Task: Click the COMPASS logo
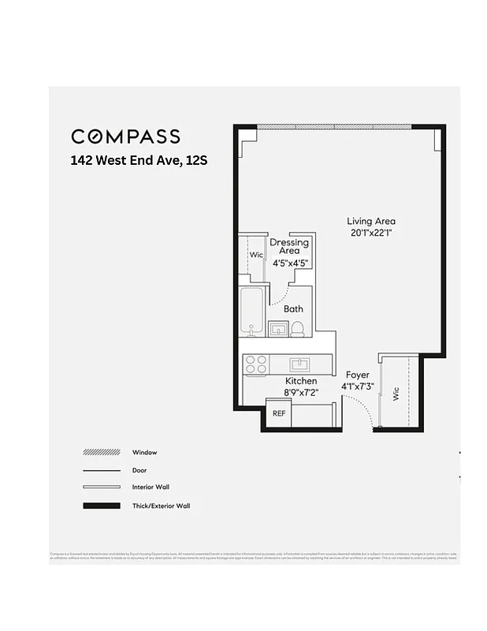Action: pyautogui.click(x=125, y=136)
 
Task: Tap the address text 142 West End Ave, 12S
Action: pyautogui.click(x=139, y=160)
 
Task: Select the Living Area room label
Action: pyautogui.click(x=371, y=221)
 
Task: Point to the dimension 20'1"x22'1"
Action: pyautogui.click(x=371, y=233)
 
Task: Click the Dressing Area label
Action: pyautogui.click(x=289, y=246)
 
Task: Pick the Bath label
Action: pyautogui.click(x=293, y=309)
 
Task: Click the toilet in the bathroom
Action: pyautogui.click(x=297, y=329)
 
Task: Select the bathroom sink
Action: pyautogui.click(x=277, y=328)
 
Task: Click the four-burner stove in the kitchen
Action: pyautogui.click(x=256, y=364)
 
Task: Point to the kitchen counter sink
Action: pyautogui.click(x=300, y=364)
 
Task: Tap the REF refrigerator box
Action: pyautogui.click(x=278, y=413)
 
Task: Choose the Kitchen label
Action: pyautogui.click(x=300, y=382)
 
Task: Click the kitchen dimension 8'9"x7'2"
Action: pyautogui.click(x=300, y=392)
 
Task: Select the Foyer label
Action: pyautogui.click(x=357, y=375)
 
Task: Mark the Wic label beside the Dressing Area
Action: pyautogui.click(x=256, y=256)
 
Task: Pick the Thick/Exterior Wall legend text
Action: pyautogui.click(x=161, y=506)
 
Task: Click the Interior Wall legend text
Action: pyautogui.click(x=151, y=487)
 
